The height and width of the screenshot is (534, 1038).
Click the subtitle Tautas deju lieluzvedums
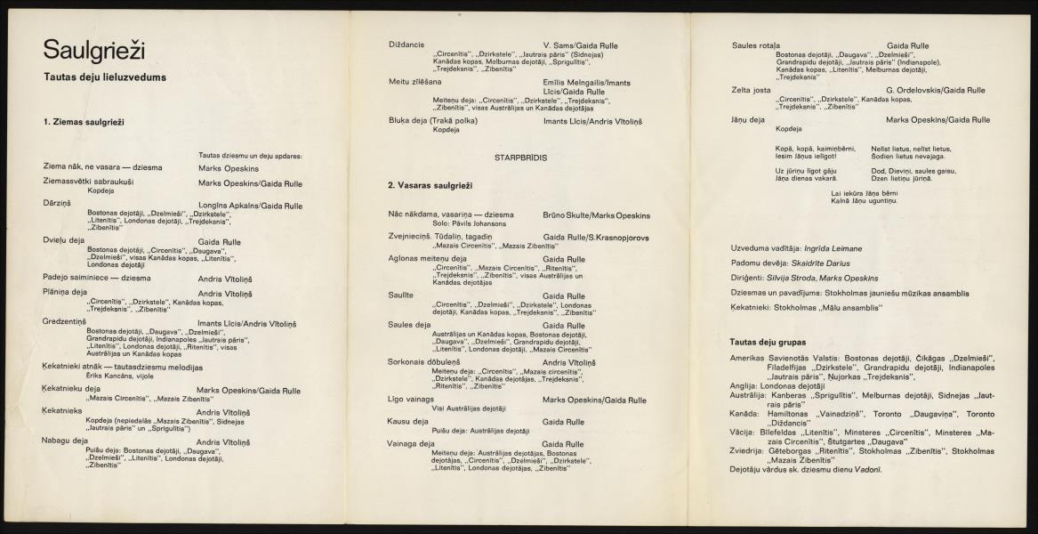click(105, 77)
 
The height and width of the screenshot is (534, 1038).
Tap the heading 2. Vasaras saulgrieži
click(430, 185)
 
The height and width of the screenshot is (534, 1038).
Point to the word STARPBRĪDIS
click(520, 157)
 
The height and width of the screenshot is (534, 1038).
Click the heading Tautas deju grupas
click(768, 342)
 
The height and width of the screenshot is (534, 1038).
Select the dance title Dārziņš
click(57, 205)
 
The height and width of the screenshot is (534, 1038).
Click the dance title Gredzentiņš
click(64, 321)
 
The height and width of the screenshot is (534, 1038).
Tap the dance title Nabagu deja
click(65, 441)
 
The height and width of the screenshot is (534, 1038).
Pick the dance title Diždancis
click(406, 45)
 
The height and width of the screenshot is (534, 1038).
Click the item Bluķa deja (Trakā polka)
click(433, 120)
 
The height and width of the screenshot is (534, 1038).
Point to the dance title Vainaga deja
click(411, 443)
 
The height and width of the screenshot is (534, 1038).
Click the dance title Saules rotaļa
click(755, 45)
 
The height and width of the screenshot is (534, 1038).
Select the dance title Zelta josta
click(751, 90)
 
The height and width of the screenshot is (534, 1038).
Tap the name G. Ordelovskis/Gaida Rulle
click(936, 90)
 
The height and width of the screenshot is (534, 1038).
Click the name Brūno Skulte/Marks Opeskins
click(596, 215)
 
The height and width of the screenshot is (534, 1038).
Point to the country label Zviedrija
click(745, 451)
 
